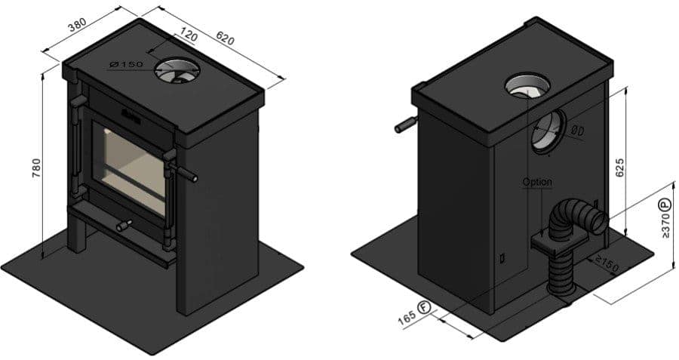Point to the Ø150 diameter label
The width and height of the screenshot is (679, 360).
125,65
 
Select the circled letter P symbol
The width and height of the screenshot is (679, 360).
665,204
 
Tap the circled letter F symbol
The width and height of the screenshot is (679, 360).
424,307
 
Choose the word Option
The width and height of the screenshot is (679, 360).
537,182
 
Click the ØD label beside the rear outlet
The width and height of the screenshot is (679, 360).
578,131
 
